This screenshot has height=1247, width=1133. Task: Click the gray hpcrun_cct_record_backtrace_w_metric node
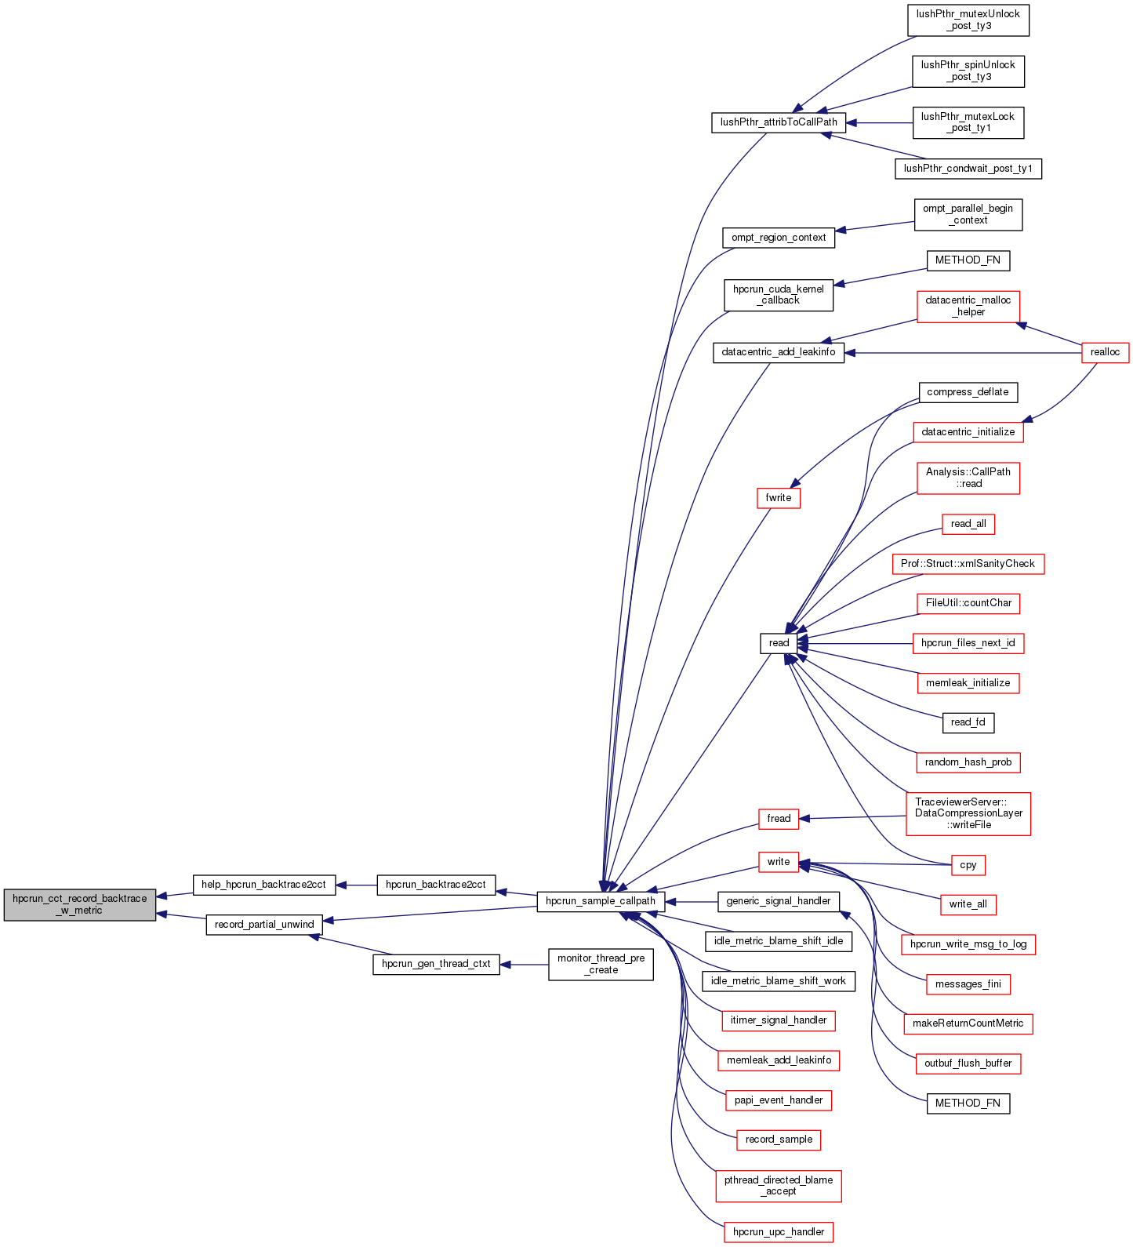80,904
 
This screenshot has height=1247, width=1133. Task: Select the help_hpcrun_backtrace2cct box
263,885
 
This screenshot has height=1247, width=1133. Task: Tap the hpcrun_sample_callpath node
601,901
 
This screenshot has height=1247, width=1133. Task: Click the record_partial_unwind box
264,925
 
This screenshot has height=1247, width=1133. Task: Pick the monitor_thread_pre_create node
601,964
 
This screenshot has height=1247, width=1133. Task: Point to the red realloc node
1105,353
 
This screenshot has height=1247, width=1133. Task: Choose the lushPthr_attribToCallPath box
779,122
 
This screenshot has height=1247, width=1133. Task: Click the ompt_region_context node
779,238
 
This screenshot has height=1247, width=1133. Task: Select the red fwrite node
779,498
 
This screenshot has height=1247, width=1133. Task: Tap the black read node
779,643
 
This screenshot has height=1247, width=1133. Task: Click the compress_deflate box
968,392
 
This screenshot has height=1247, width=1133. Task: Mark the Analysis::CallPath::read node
968,478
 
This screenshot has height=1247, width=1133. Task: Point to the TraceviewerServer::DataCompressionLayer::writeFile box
968,813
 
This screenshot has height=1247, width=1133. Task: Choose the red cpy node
968,865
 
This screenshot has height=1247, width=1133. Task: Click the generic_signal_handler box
779,901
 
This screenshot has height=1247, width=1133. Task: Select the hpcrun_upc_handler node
779,1232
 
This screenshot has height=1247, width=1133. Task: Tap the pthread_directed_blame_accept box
779,1186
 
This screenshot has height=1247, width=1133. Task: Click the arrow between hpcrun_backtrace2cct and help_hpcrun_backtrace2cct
357,885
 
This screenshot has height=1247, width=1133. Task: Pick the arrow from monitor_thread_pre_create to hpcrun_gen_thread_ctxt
524,964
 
